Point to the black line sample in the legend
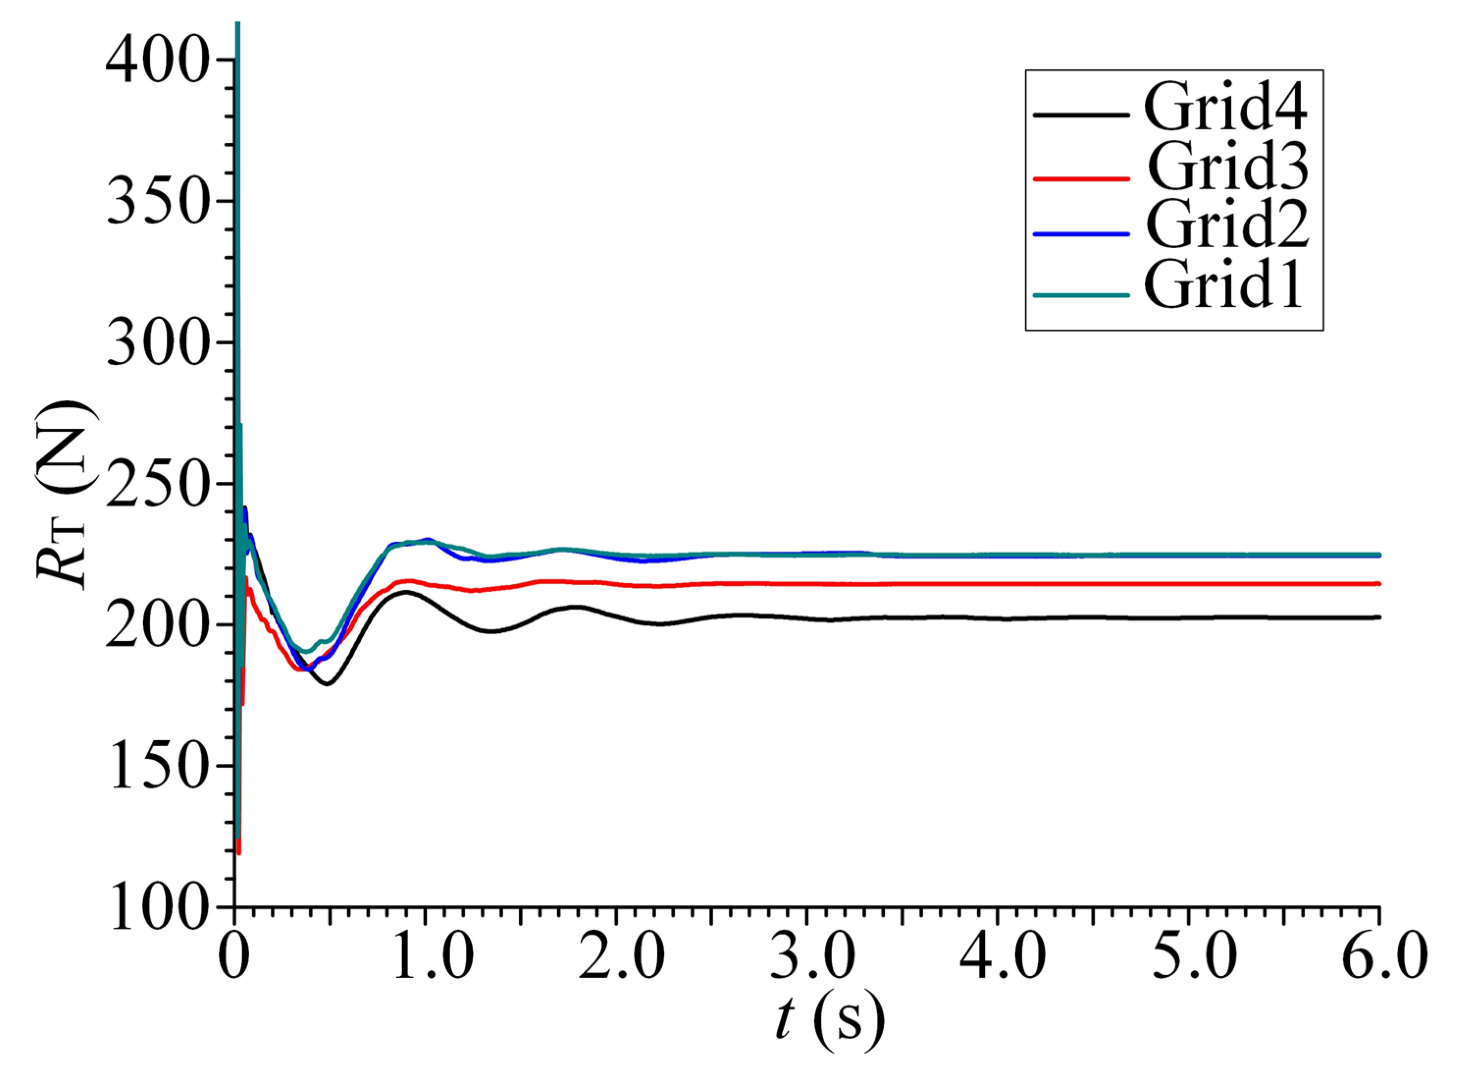[1081, 115]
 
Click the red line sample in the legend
[1081, 178]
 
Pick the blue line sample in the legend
[1081, 234]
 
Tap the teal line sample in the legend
[1081, 295]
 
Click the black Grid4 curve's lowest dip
[327, 684]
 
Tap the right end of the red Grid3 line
[1377, 584]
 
